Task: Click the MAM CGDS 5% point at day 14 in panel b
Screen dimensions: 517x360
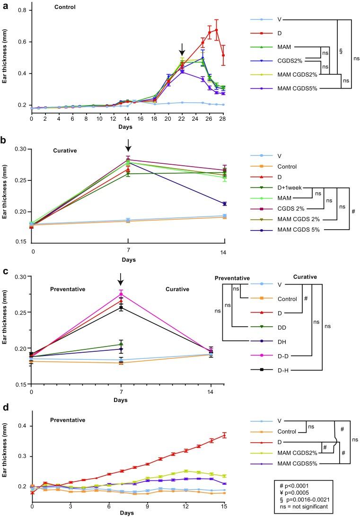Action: point(223,204)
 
